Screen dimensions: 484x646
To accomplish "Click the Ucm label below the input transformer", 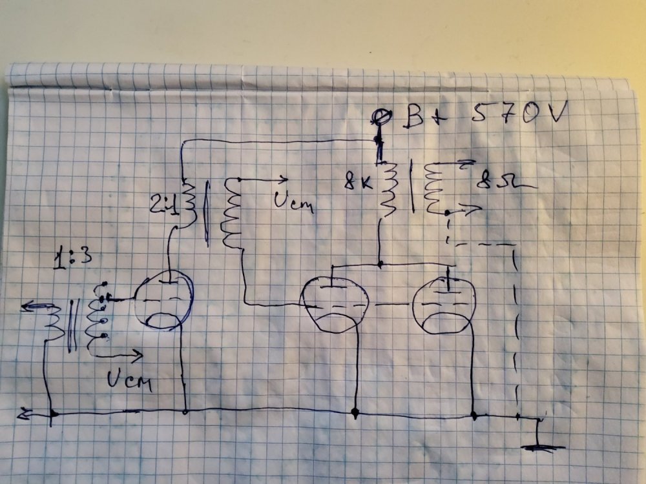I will pyautogui.click(x=124, y=381).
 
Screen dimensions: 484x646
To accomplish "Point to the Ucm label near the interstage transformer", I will pyautogui.click(x=293, y=203).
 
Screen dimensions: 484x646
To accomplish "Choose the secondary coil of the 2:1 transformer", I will pyautogui.click(x=231, y=213).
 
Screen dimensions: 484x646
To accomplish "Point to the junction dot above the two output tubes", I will pyautogui.click(x=380, y=264).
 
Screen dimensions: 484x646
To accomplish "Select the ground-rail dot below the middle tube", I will pyautogui.click(x=355, y=411).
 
